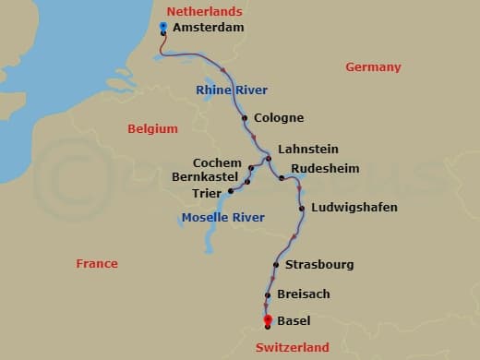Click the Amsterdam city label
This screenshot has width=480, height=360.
(208, 29)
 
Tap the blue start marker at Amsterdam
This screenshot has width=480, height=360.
(163, 26)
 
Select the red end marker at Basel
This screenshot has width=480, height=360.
(267, 319)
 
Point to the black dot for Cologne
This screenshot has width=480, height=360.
(245, 118)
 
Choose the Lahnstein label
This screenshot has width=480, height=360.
(307, 149)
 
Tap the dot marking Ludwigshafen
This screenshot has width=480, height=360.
(302, 209)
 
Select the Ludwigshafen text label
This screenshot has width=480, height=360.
(354, 208)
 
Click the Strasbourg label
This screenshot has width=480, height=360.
(319, 265)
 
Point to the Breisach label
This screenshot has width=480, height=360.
(304, 294)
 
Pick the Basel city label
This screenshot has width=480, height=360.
(294, 321)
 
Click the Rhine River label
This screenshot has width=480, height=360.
(232, 90)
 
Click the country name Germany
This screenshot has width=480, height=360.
(373, 67)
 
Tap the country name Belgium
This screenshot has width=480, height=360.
(153, 128)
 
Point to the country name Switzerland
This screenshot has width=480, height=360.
(292, 348)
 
